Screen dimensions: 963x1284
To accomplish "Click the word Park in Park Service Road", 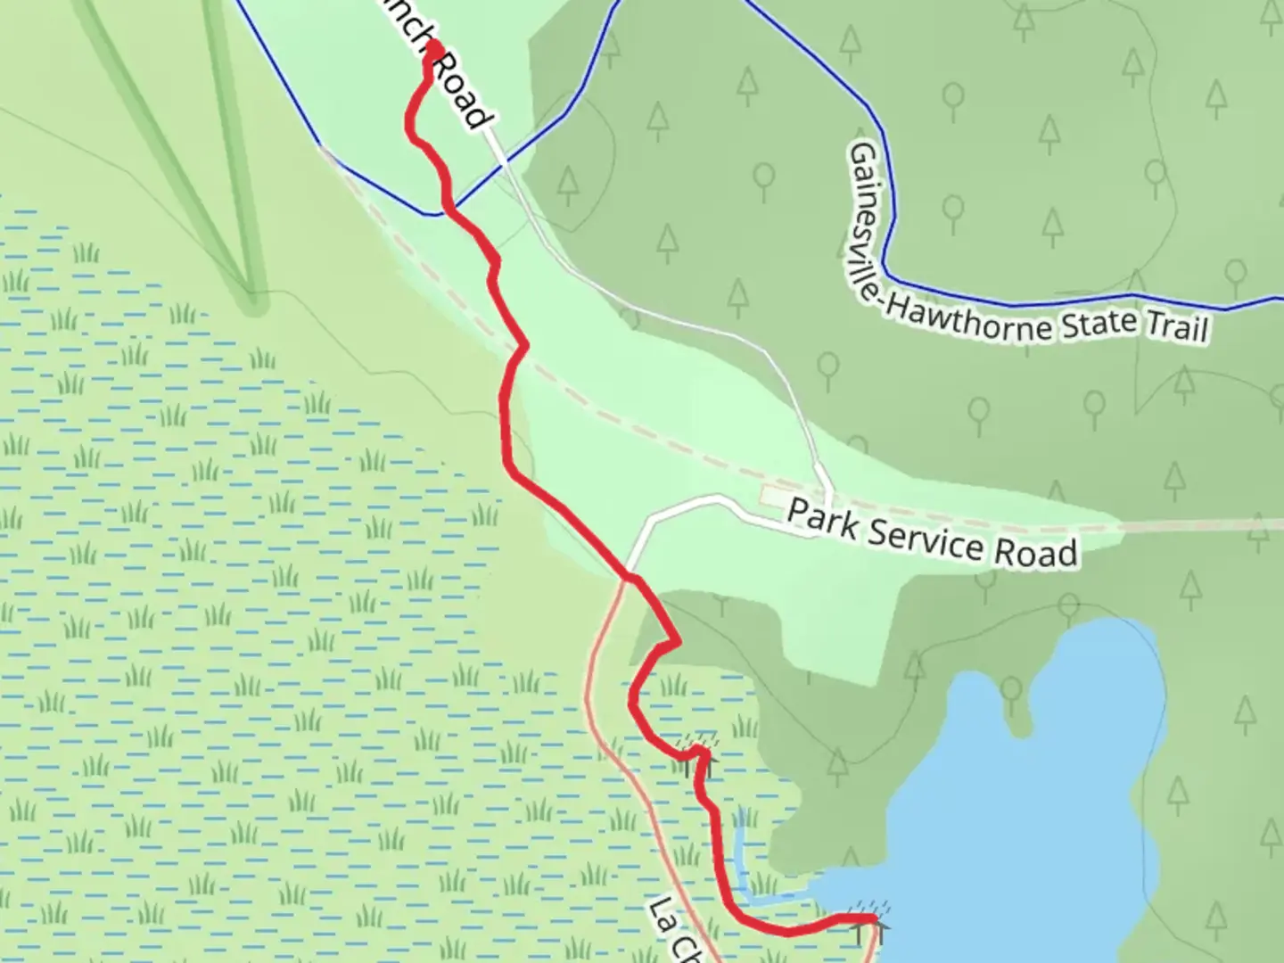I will pyautogui.click(x=823, y=520).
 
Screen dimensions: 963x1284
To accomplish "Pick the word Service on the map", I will pyautogui.click(x=928, y=539).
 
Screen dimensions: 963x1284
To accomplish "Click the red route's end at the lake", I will pyautogui.click(x=870, y=917).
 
